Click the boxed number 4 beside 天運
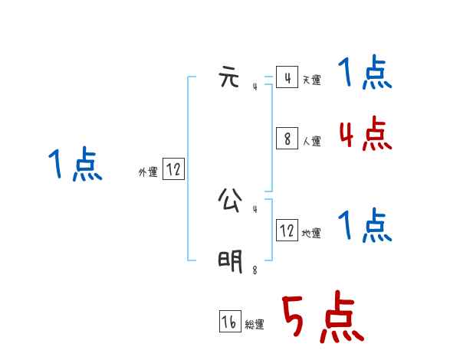coord(287,77)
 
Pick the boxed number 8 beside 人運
coord(287,138)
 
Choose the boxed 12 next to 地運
coord(287,230)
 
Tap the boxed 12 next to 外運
coord(173,169)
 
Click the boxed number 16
coord(229,322)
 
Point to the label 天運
coord(311,80)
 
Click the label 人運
coord(311,141)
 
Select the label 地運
coord(311,233)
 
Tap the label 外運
coord(148,172)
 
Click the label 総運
coord(255,325)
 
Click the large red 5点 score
coord(322,319)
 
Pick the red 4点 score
coord(366,135)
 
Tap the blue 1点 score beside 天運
coord(366,74)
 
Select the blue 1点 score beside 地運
coord(366,226)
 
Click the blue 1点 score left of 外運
coord(76,165)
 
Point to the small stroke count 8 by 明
coord(255,270)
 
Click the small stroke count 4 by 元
coord(255,87)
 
